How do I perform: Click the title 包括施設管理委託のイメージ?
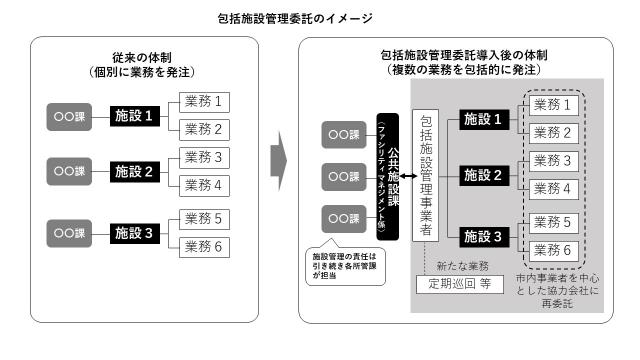click(319, 18)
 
